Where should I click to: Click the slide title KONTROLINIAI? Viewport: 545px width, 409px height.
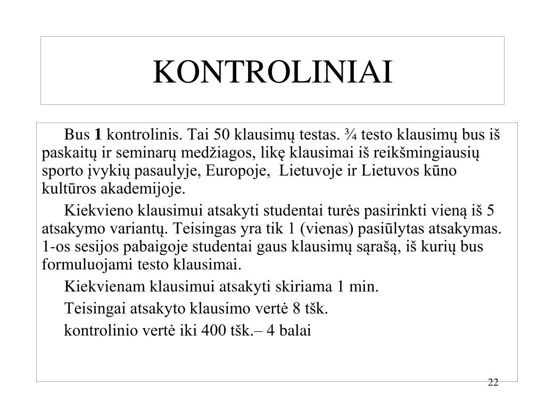pyautogui.click(x=272, y=72)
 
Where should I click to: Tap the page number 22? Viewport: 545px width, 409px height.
pyautogui.click(x=493, y=383)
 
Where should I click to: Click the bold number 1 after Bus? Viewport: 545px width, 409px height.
pyautogui.click(x=98, y=134)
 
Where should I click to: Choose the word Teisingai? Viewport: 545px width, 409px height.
pyautogui.click(x=92, y=309)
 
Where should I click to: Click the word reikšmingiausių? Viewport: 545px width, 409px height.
pyautogui.click(x=429, y=153)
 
